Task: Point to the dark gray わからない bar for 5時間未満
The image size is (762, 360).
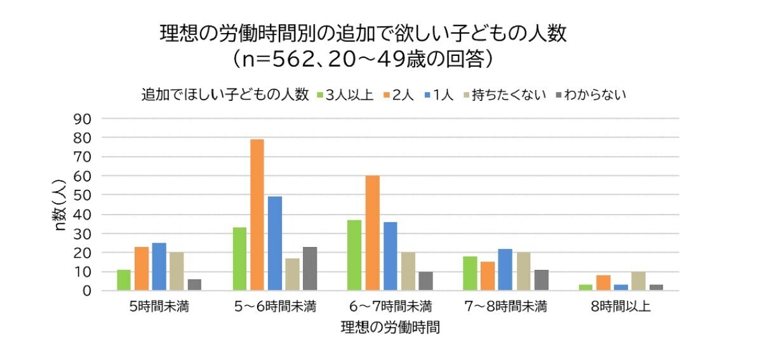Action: pos(194,284)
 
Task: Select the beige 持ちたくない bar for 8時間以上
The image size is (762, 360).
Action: pos(639,281)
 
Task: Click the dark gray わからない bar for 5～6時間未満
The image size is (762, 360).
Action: pos(310,269)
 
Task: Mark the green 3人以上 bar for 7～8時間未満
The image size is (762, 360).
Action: pos(470,273)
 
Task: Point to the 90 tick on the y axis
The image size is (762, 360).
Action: pos(84,119)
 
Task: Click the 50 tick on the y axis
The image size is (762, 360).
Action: pos(84,195)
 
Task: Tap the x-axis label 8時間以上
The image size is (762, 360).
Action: pos(620,307)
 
